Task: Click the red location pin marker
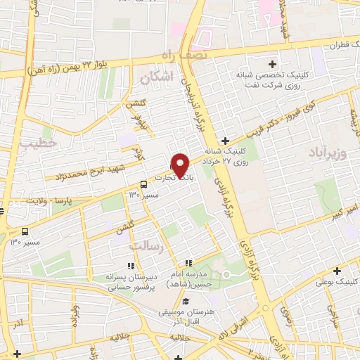[181, 165]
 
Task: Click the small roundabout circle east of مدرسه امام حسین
[226, 275]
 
